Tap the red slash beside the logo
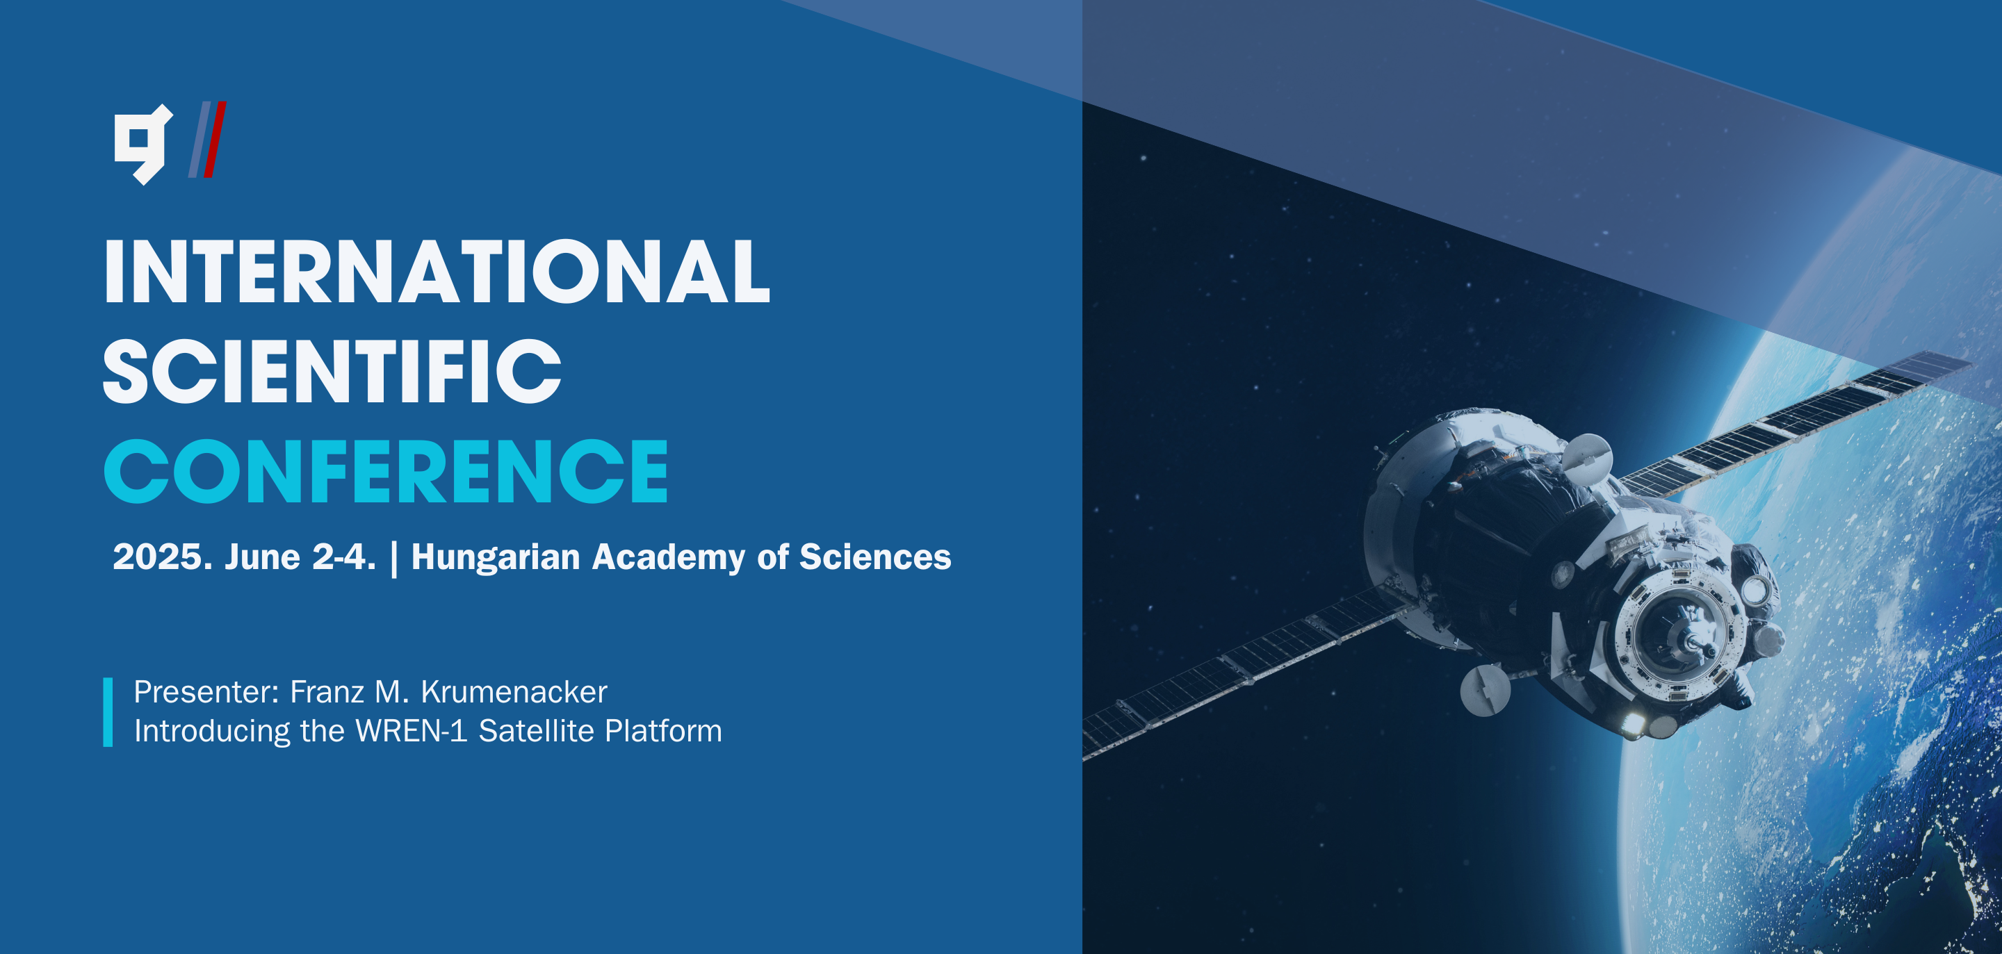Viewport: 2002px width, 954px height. click(215, 140)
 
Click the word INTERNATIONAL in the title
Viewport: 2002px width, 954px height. click(437, 271)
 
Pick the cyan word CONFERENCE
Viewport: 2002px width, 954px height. click(386, 471)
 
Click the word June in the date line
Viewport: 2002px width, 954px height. click(262, 557)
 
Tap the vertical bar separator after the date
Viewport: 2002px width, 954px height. click(394, 559)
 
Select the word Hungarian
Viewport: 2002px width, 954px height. click(496, 558)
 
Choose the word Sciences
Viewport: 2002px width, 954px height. click(875, 557)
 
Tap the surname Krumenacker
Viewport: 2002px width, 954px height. click(514, 692)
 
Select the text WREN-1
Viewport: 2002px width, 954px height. click(411, 731)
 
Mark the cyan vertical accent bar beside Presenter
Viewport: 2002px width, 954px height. click(108, 712)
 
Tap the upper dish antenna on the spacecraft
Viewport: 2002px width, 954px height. click(1588, 459)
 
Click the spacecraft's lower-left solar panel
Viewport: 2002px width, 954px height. click(1244, 672)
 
